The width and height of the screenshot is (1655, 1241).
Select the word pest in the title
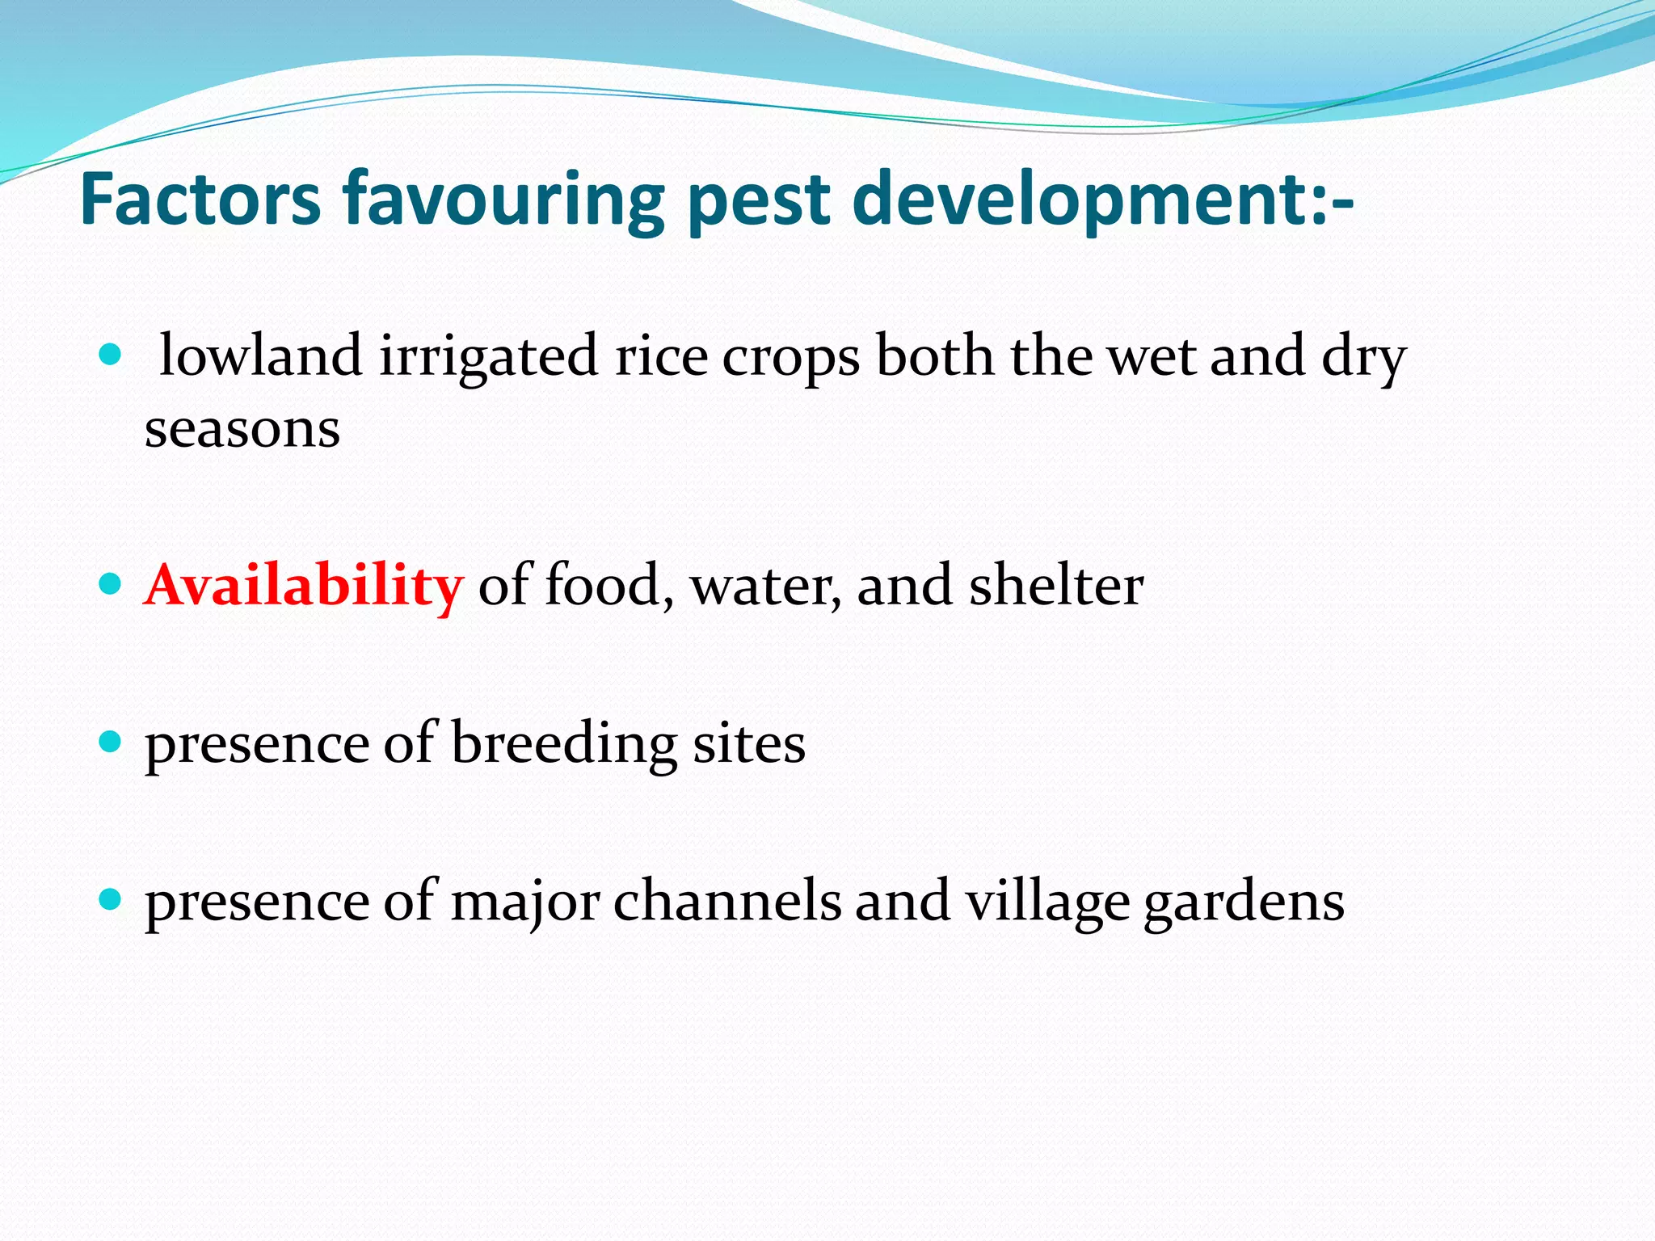coord(760,200)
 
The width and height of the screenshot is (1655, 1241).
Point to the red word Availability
coord(304,585)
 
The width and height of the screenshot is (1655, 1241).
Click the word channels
coord(727,902)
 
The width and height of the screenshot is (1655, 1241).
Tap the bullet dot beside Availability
coord(109,583)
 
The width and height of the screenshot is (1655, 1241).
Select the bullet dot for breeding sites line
coord(109,741)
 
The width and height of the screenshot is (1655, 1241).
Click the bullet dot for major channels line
coord(109,898)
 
